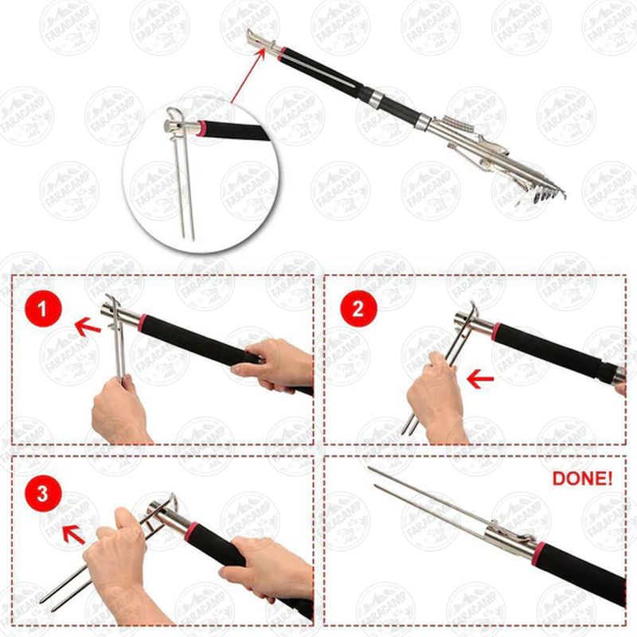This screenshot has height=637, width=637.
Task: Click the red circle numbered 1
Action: coord(43,309)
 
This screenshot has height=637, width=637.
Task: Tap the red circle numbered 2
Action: coord(358,309)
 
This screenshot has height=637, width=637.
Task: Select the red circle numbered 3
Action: coord(43,494)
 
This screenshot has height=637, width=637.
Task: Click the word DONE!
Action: coord(582,479)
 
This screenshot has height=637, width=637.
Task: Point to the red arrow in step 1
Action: coord(88,326)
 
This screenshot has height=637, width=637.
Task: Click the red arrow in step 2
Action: coord(480,379)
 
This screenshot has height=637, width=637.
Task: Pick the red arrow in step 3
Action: coord(73,534)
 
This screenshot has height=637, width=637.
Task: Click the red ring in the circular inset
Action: coord(201,129)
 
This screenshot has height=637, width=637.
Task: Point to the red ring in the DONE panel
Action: coord(539,553)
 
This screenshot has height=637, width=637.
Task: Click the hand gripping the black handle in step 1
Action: coord(272,365)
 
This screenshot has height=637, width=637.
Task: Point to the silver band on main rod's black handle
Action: coord(377,98)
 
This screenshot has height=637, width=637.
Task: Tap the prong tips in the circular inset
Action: coord(189,237)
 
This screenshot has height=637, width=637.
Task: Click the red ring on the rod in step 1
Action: coord(142,322)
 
